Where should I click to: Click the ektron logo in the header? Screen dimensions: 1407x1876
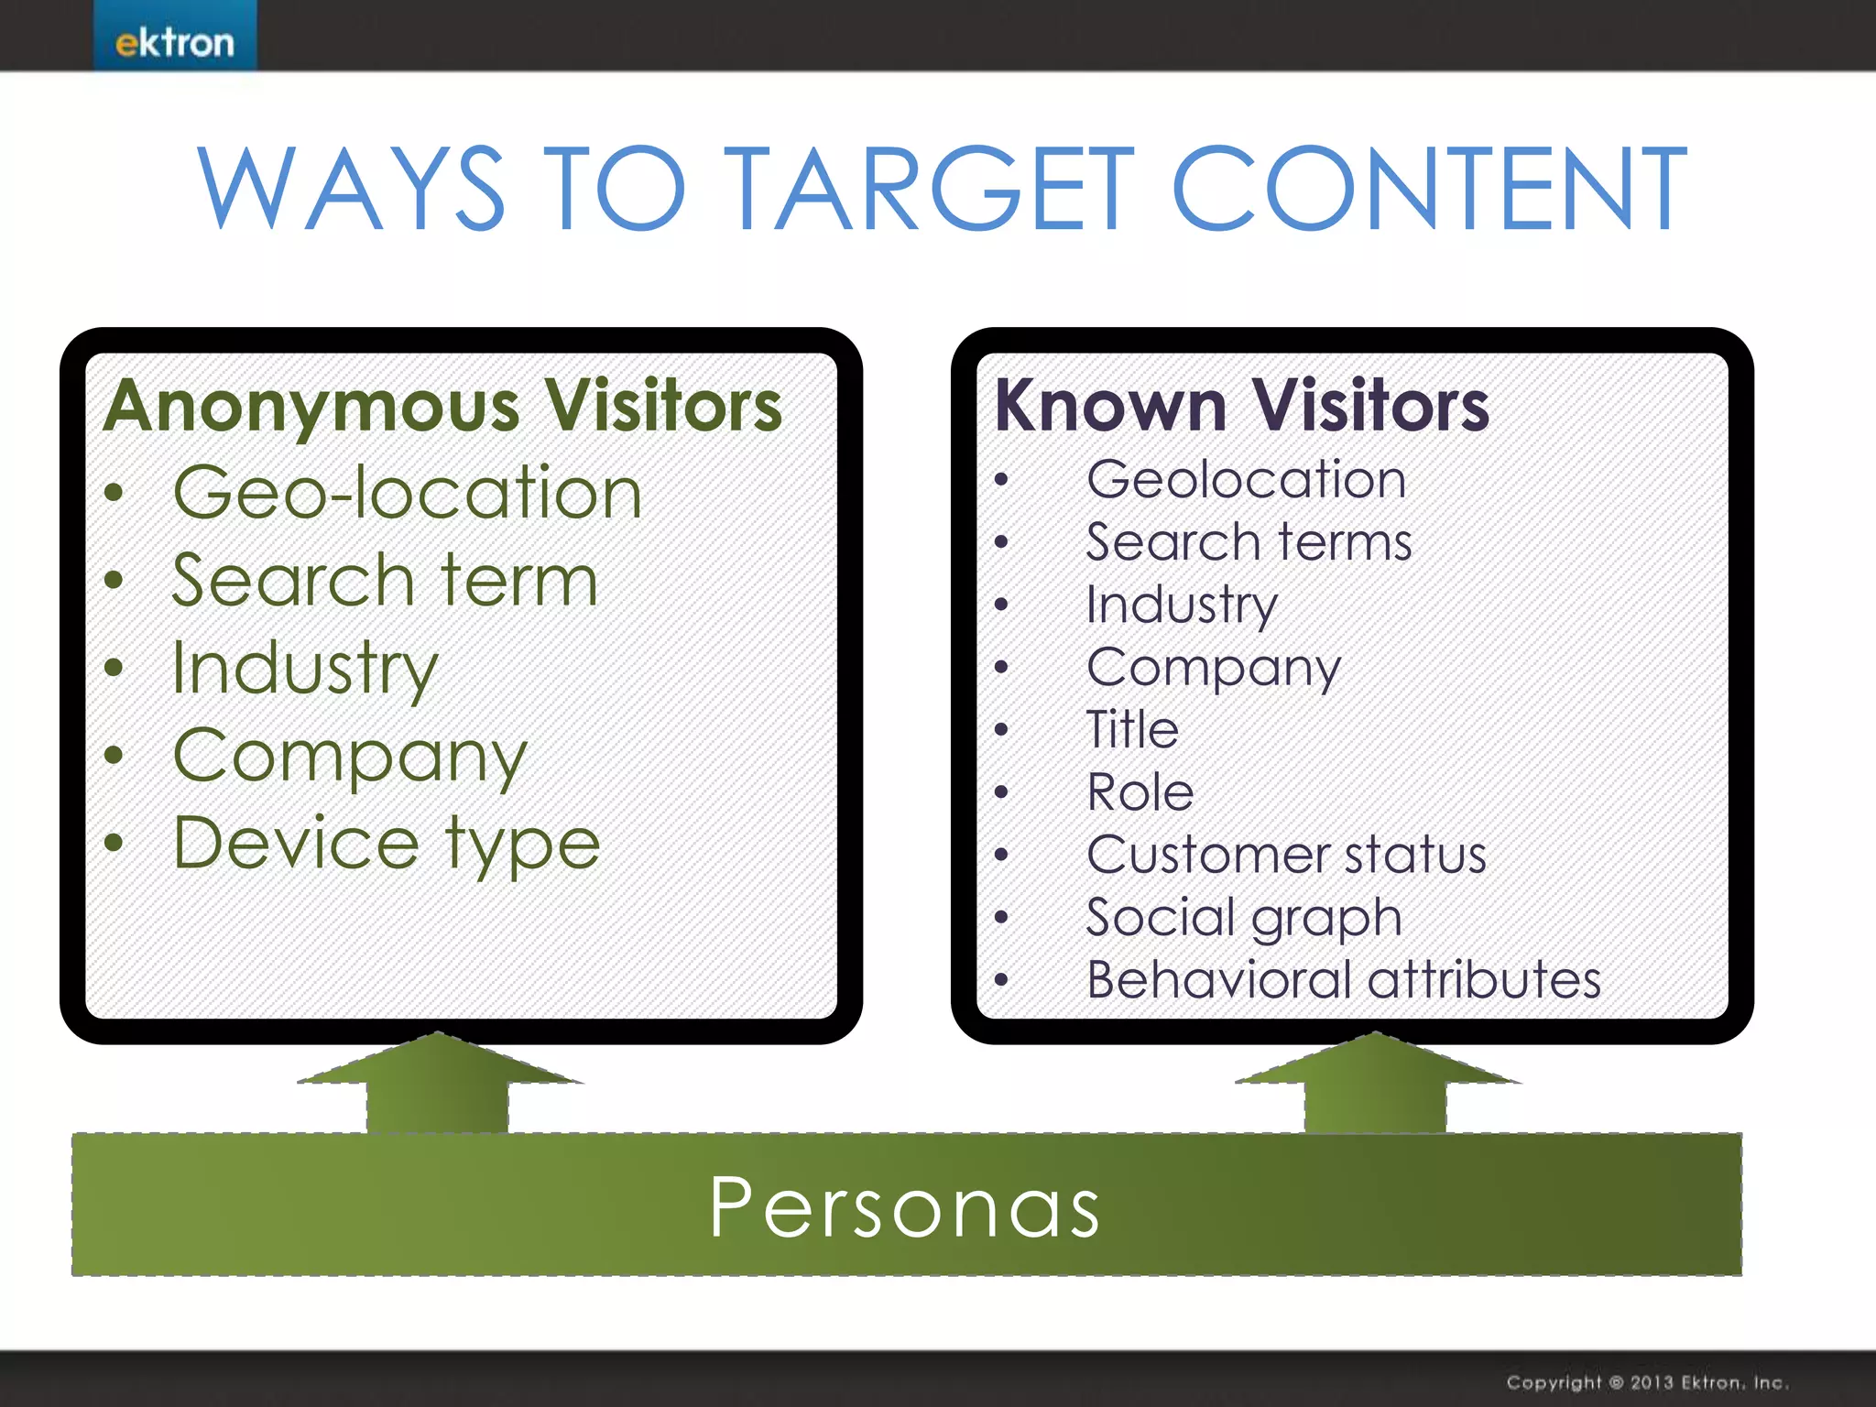[174, 42]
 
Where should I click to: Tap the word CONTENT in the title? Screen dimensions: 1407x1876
[1429, 190]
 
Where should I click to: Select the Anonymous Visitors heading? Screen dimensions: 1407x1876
[443, 406]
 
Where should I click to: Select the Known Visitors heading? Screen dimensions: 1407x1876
[1242, 406]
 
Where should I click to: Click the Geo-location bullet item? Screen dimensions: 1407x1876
[407, 493]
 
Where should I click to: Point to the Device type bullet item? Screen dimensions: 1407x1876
[386, 844]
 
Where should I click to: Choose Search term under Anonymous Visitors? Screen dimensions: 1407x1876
[385, 581]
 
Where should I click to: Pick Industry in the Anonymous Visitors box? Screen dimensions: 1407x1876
[305, 669]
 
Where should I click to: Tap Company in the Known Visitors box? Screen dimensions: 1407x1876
[1214, 668]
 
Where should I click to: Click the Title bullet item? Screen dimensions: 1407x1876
[1132, 730]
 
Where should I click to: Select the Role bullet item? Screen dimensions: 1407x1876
[1140, 792]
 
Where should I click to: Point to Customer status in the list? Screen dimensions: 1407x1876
[1286, 855]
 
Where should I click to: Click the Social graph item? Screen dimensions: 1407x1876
[1244, 918]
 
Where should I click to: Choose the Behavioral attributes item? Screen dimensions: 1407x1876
[1344, 980]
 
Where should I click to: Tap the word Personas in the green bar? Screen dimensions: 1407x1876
[905, 1207]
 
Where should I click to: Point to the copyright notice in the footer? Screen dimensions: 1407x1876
[1646, 1382]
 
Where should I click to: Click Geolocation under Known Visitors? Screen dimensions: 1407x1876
[1246, 480]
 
